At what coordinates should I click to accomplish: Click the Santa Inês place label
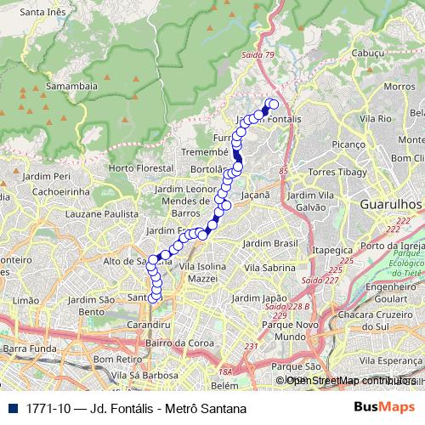click(x=43, y=12)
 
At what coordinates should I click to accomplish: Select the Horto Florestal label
click(x=141, y=169)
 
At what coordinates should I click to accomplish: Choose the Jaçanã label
click(x=255, y=195)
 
